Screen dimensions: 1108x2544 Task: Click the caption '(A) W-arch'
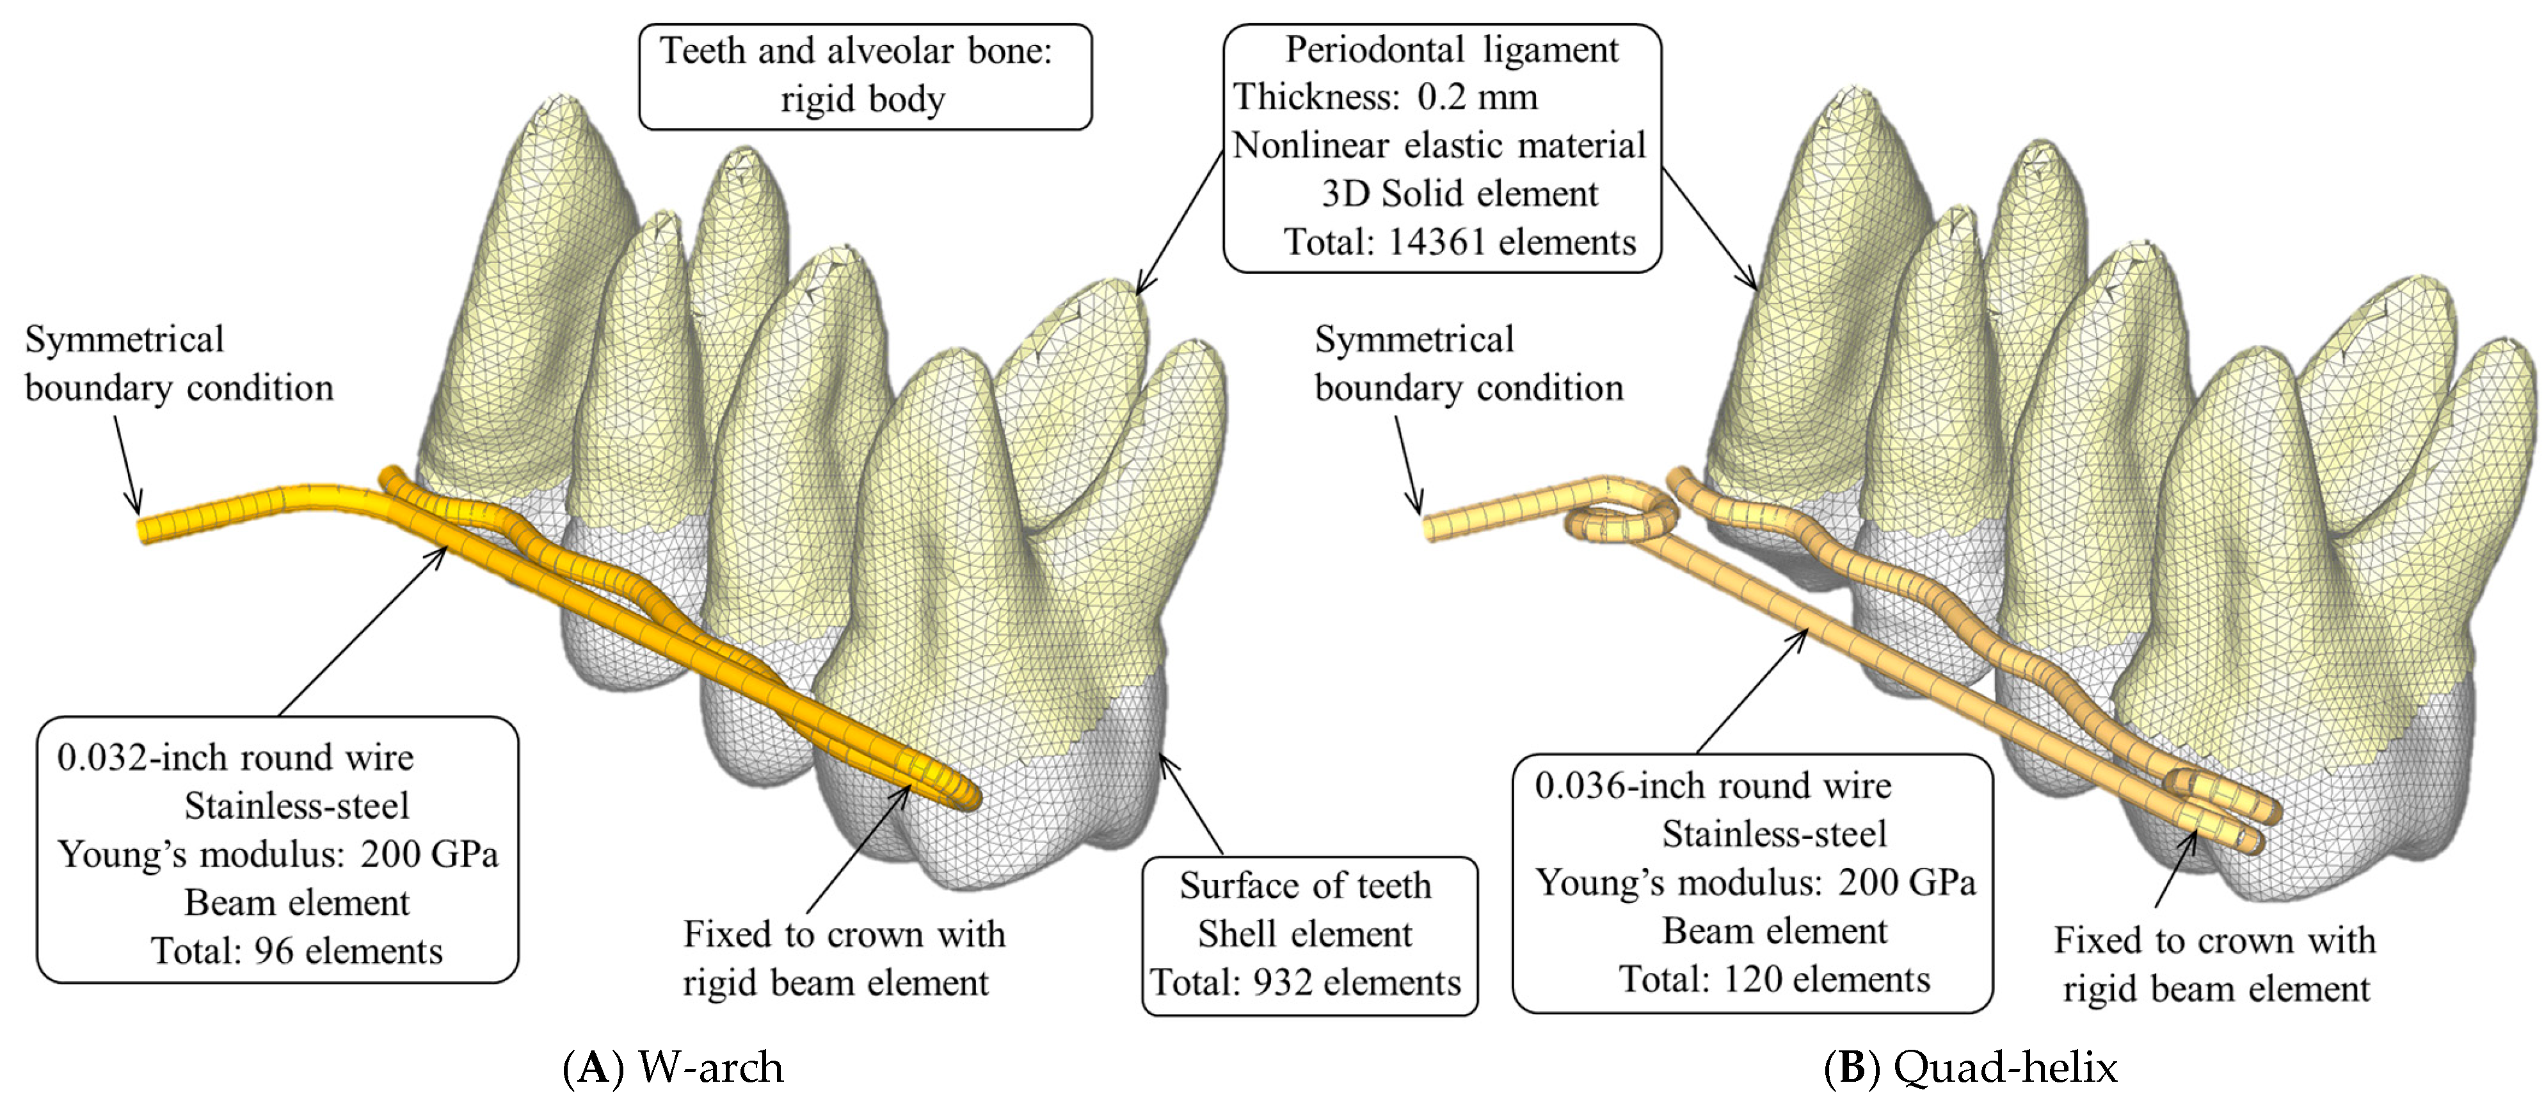(673, 1068)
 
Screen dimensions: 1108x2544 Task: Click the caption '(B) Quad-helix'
(1970, 1068)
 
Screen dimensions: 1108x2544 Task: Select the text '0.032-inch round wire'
(235, 757)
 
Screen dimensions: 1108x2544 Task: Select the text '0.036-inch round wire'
(1713, 786)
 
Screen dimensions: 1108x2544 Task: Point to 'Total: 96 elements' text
(296, 951)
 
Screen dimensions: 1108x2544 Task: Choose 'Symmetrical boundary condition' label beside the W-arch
(179, 364)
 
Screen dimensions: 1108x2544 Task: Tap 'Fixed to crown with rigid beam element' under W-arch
(844, 958)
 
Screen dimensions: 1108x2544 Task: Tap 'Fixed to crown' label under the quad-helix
(2214, 941)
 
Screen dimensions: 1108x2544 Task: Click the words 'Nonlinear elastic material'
(1439, 145)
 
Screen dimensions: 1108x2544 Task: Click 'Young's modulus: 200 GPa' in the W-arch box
(278, 855)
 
